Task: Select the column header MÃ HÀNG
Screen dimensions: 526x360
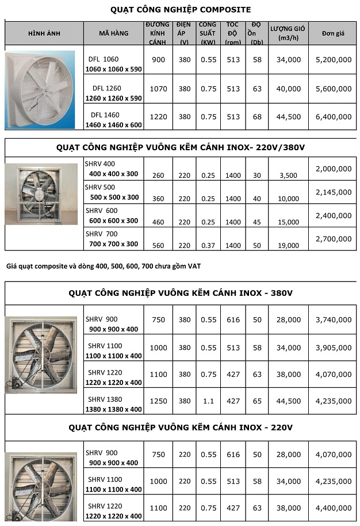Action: (114, 33)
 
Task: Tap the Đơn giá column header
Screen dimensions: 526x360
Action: (334, 33)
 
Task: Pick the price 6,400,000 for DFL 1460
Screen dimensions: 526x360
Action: (334, 117)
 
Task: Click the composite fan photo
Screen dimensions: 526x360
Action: (40, 90)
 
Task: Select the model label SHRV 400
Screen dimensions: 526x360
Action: (100, 163)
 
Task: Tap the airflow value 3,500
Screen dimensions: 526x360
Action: (289, 176)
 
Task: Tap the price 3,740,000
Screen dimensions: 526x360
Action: (334, 320)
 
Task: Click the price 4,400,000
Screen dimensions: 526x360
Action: (334, 508)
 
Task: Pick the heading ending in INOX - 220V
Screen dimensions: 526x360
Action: (181, 428)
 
